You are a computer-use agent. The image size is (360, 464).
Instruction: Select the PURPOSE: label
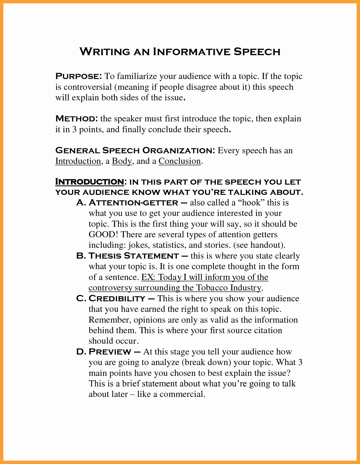tap(79, 76)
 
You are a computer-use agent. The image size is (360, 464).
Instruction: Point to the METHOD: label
tap(76, 119)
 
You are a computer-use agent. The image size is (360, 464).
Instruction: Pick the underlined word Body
tap(122, 161)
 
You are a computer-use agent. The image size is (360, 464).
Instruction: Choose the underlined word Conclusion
tap(180, 161)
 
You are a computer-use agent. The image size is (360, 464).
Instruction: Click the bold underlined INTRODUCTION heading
tap(90, 182)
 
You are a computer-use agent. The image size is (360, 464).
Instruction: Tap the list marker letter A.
tap(80, 203)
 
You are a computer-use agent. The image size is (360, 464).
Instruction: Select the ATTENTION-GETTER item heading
tap(133, 203)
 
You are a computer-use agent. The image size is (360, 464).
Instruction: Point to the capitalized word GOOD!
tap(103, 234)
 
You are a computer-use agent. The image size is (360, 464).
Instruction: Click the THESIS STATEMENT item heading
tap(134, 256)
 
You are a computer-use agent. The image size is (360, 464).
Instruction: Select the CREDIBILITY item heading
tap(117, 299)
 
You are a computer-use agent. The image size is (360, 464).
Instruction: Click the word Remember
tap(109, 320)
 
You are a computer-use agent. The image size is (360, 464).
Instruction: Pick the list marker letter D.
tap(80, 352)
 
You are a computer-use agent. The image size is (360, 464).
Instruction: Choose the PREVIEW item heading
tap(110, 352)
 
